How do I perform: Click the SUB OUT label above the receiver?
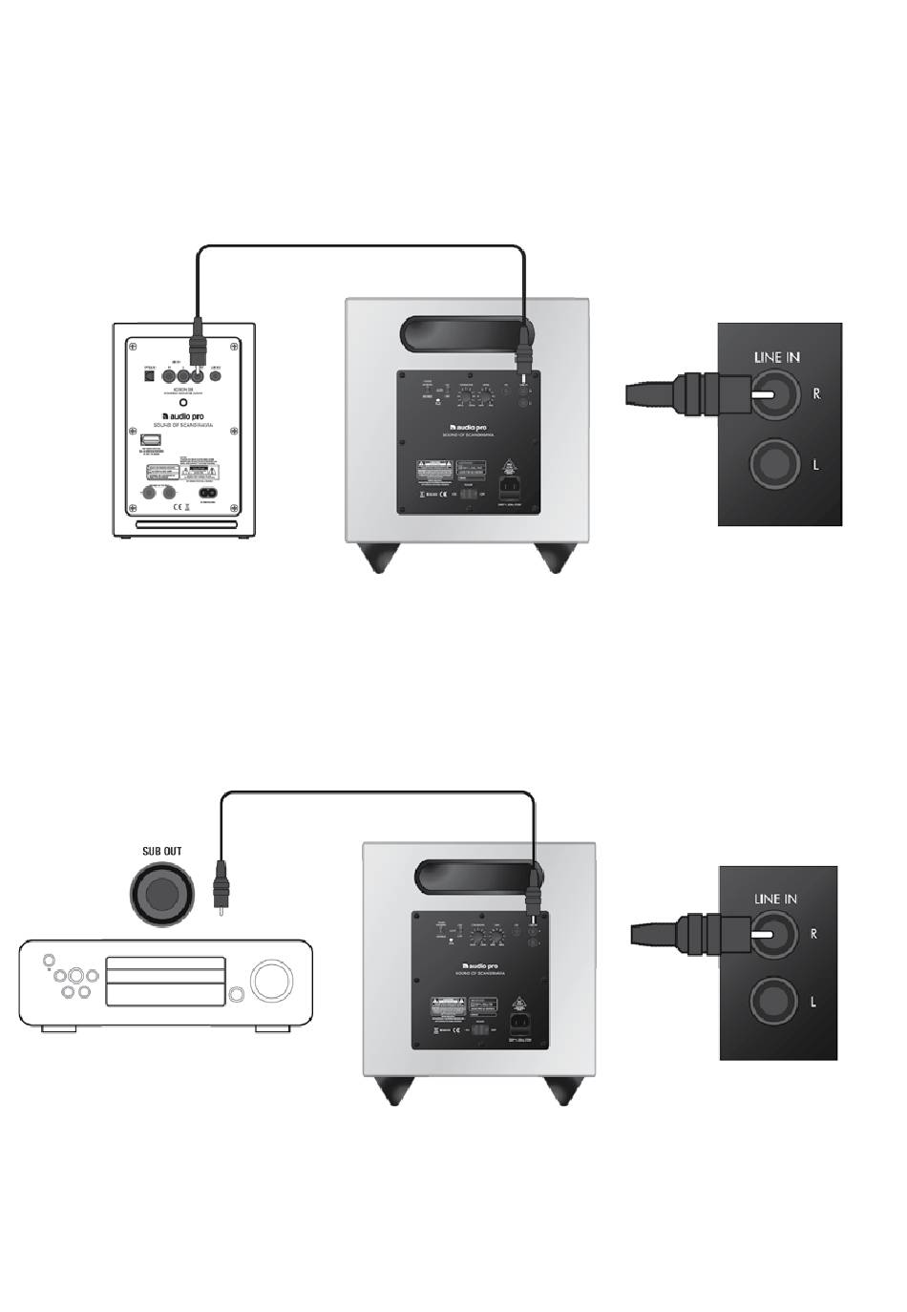pyautogui.click(x=161, y=851)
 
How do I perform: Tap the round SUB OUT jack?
pyautogui.click(x=161, y=894)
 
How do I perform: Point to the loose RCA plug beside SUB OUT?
pyautogui.click(x=221, y=889)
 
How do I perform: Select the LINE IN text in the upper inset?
pyautogui.click(x=776, y=357)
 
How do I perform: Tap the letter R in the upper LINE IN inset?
pyautogui.click(x=816, y=392)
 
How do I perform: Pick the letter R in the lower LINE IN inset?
pyautogui.click(x=813, y=934)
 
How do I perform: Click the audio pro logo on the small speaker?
pyautogui.click(x=184, y=416)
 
